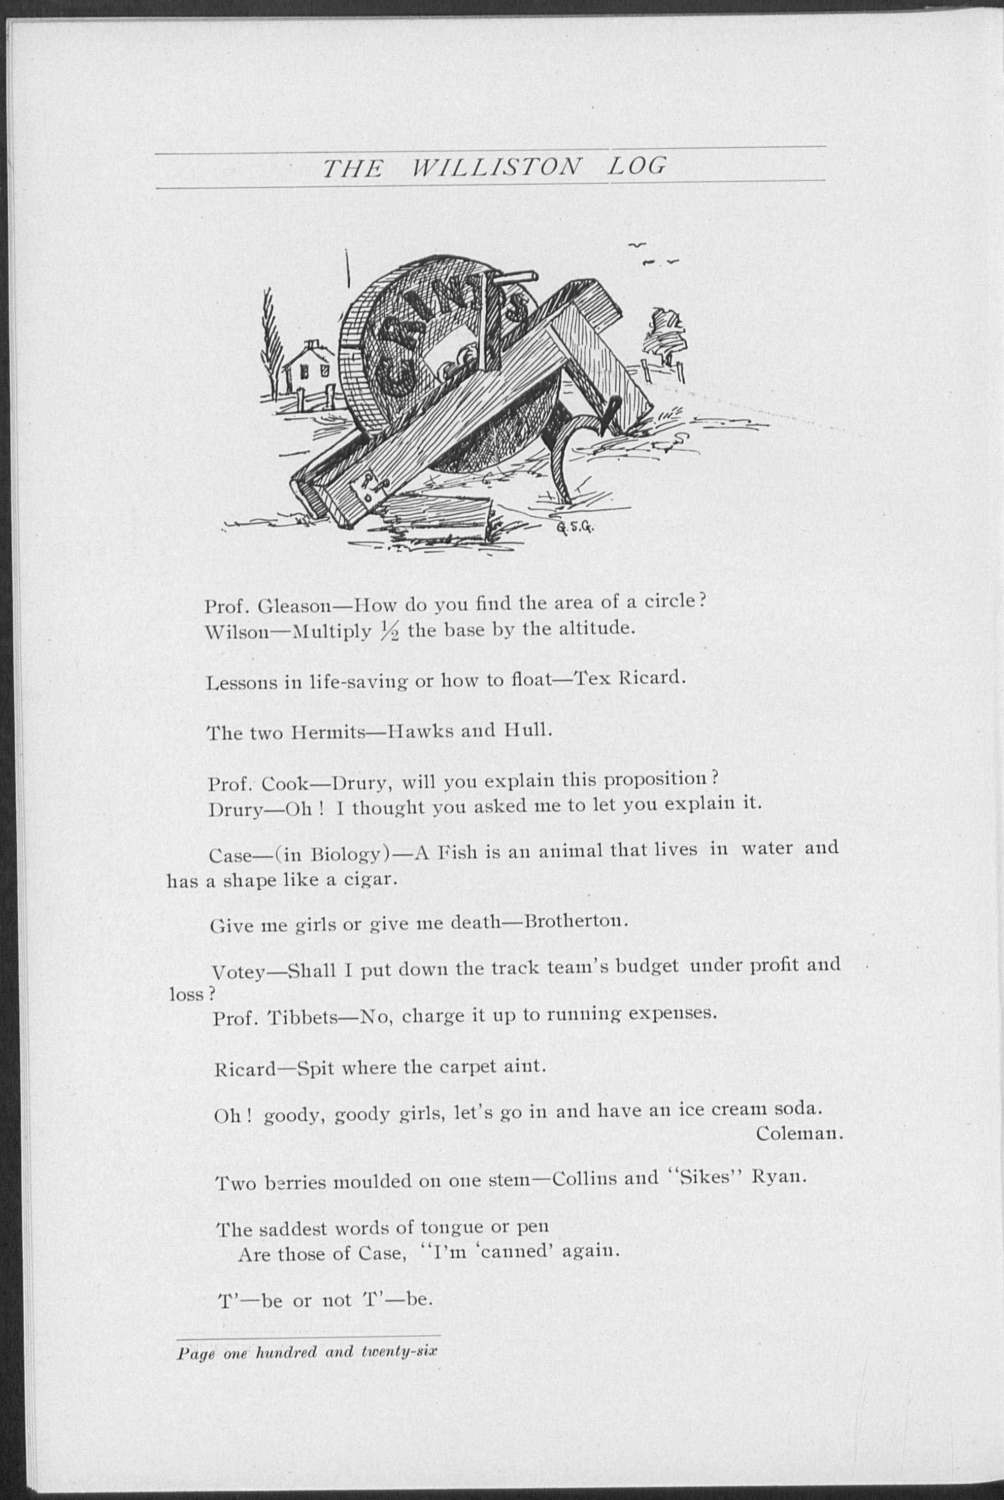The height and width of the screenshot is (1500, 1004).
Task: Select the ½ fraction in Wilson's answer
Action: click(389, 632)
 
